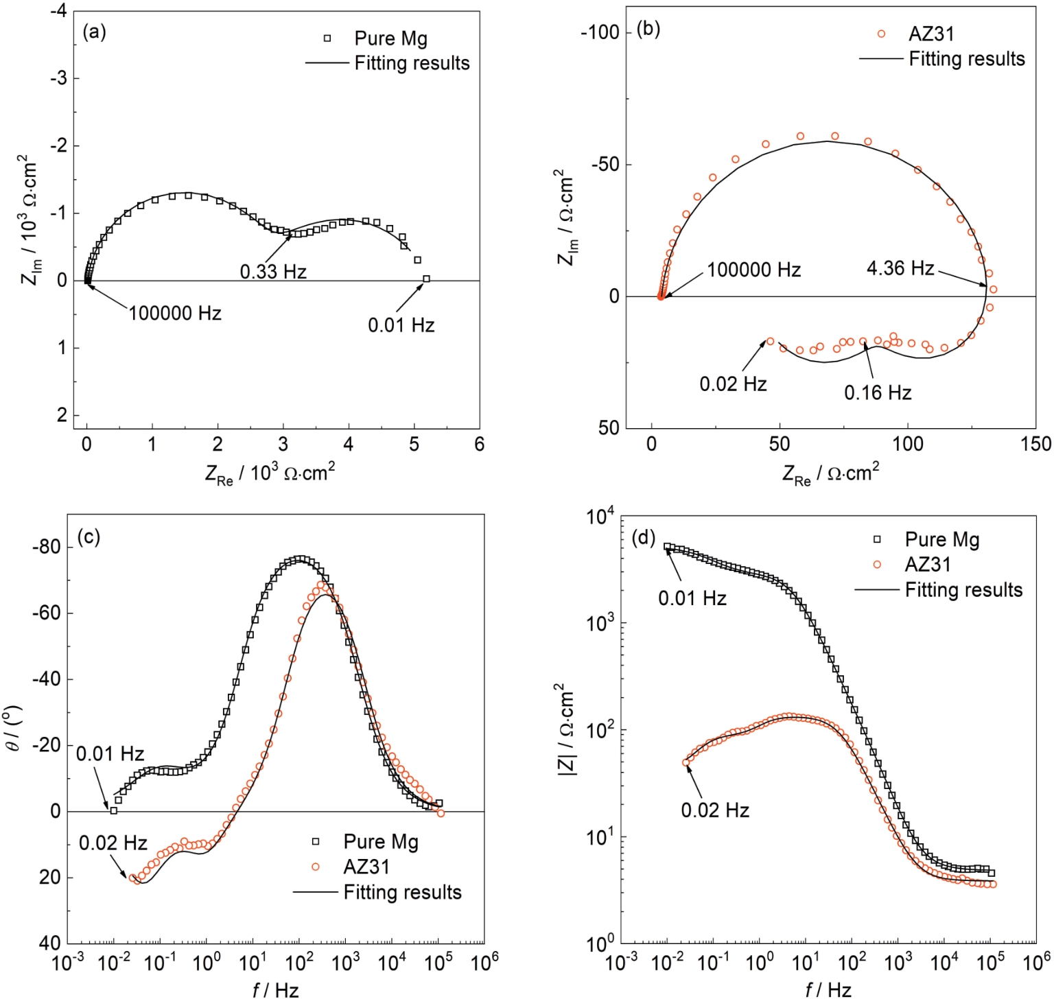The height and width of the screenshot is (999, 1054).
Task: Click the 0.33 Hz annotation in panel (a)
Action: [273, 272]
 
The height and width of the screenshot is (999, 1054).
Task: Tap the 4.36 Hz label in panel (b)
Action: [900, 268]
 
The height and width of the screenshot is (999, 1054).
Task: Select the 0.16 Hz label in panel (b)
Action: [878, 392]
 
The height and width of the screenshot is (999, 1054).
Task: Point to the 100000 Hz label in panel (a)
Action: [175, 314]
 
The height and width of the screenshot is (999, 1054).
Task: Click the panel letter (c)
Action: [89, 537]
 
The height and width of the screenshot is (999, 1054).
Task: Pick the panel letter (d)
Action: [644, 537]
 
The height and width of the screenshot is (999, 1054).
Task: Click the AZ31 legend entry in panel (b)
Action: [931, 34]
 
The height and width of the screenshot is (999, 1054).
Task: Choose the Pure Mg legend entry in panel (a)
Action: [390, 38]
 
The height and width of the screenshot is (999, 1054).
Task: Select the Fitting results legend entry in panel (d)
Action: [963, 590]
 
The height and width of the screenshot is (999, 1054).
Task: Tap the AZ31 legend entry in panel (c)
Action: [366, 867]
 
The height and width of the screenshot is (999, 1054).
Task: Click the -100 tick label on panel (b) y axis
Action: [600, 32]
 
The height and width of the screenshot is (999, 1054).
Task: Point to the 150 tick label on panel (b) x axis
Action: [1035, 444]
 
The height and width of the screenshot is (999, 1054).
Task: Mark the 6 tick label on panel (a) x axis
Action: [479, 444]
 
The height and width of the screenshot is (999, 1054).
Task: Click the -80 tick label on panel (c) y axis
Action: [46, 547]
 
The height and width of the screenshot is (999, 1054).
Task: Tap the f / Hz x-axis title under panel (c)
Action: [275, 989]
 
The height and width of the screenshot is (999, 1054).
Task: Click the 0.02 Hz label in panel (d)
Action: [714, 810]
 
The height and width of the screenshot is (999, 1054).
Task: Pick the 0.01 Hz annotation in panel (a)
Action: [401, 325]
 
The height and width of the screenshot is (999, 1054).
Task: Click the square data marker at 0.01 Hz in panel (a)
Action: [426, 279]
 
